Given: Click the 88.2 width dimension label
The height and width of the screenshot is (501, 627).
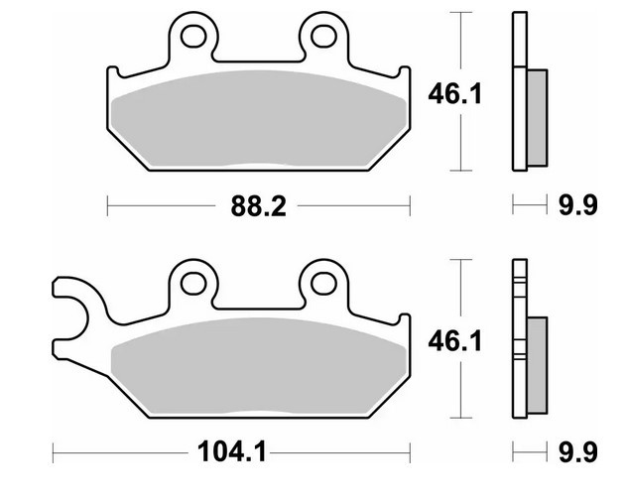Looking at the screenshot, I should click(255, 206).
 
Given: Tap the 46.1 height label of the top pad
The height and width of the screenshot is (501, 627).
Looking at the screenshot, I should click(456, 95).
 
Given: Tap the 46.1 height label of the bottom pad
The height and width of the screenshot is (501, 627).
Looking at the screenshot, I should click(456, 343).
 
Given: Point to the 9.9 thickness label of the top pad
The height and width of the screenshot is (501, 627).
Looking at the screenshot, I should click(576, 206).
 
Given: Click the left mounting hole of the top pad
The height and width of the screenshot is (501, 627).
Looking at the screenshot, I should click(194, 37).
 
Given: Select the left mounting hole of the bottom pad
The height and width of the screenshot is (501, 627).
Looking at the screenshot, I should click(194, 284).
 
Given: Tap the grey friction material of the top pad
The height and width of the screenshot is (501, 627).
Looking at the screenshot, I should click(258, 119).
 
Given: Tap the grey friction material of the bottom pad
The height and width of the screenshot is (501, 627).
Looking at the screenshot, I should click(258, 367).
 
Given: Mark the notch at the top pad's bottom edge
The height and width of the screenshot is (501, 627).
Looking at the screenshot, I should click(257, 163).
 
